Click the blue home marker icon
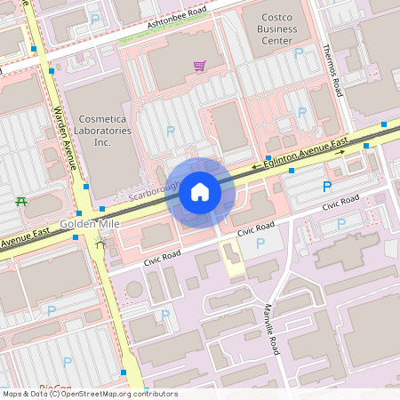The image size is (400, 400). click(200, 191)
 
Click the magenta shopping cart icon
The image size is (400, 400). click(199, 66)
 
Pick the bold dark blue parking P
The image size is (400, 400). click(327, 187)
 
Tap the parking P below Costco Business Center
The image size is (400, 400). click(298, 54)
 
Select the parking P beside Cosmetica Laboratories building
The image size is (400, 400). click(170, 132)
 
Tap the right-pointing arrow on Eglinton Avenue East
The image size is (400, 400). click(340, 151)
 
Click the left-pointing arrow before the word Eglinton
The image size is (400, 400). click(257, 166)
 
